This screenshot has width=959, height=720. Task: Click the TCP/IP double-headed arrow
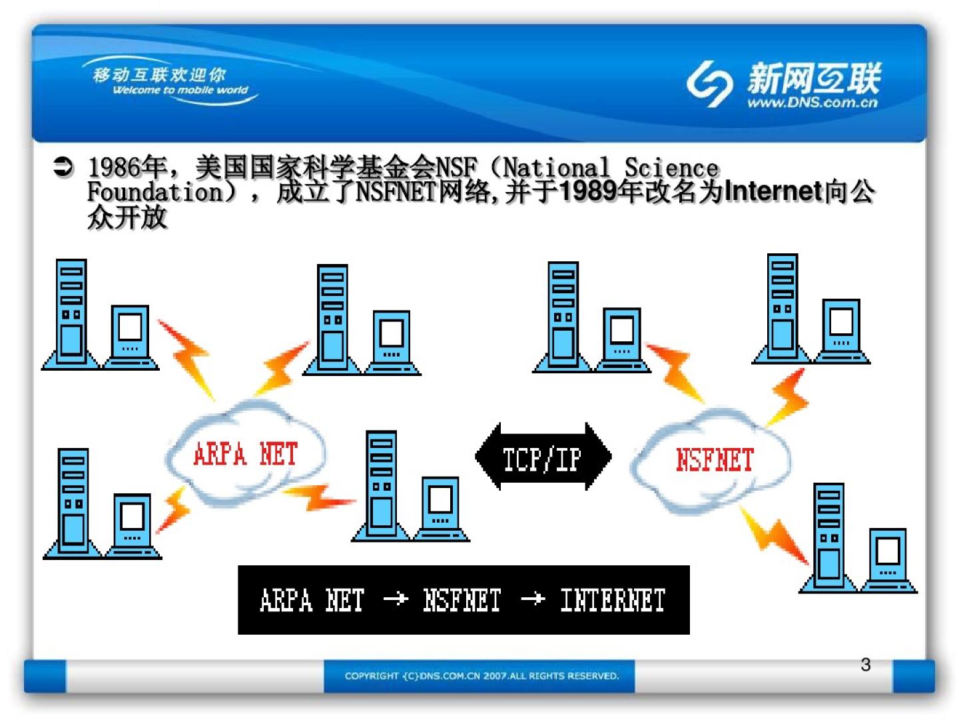(x=543, y=457)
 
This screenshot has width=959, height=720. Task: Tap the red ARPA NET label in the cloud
(x=245, y=455)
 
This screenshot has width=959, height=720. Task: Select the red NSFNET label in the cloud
(x=714, y=460)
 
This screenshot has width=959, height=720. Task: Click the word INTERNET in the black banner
(x=613, y=600)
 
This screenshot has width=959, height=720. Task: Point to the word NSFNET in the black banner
(x=462, y=600)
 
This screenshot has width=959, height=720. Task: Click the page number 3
(x=865, y=665)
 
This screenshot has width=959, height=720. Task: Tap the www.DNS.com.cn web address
(x=812, y=103)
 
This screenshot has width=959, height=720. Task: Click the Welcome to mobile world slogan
(x=180, y=90)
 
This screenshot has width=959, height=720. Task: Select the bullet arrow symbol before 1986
(x=63, y=167)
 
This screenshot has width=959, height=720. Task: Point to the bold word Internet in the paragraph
(x=773, y=192)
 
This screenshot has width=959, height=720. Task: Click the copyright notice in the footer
(x=481, y=676)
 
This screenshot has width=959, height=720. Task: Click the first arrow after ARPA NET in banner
(x=396, y=599)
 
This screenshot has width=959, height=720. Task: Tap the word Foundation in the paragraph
(x=155, y=192)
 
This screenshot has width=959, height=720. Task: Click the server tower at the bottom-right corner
(x=829, y=537)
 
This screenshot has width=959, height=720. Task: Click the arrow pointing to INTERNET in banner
(x=533, y=599)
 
